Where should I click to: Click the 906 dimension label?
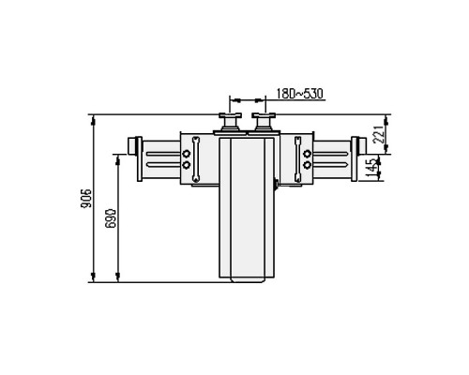pyautogui.click(x=86, y=198)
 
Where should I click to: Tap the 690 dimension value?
pyautogui.click(x=111, y=218)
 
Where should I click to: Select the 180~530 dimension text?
pyautogui.click(x=300, y=94)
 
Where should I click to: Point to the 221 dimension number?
pyautogui.click(x=379, y=134)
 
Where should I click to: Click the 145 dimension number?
pyautogui.click(x=371, y=168)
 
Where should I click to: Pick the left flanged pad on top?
pyautogui.click(x=230, y=122)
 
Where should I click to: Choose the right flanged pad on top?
pyautogui.click(x=264, y=122)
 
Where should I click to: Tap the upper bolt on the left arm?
pyautogui.click(x=187, y=154)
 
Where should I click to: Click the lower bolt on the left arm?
pyautogui.click(x=187, y=164)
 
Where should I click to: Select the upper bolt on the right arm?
pyautogui.click(x=308, y=154)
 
